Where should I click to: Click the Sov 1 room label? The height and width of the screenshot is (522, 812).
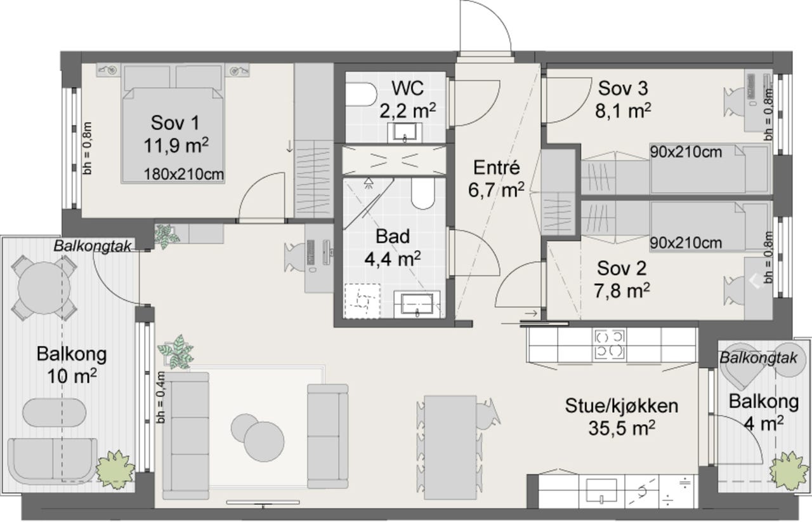(176, 123)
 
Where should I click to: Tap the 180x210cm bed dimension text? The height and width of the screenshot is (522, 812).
(184, 175)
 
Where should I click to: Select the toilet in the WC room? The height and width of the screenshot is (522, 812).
(361, 95)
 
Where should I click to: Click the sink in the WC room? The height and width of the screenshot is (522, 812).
(405, 133)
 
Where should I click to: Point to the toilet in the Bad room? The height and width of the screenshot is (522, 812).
(423, 194)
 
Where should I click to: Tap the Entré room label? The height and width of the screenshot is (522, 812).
(496, 168)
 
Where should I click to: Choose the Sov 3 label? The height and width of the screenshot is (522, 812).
(623, 88)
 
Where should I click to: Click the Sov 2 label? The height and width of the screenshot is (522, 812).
(622, 268)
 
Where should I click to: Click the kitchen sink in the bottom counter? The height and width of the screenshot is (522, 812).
(601, 491)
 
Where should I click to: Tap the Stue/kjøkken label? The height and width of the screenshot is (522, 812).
(621, 406)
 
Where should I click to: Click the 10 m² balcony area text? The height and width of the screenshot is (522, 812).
(72, 377)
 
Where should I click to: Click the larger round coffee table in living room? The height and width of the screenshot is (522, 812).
(264, 441)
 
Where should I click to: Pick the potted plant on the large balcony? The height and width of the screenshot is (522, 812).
(115, 468)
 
